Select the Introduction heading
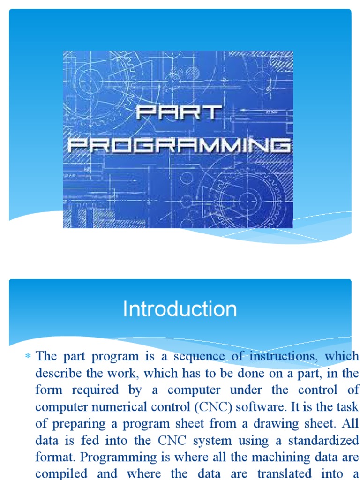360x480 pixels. click(180, 309)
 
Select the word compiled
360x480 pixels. click(62, 474)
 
